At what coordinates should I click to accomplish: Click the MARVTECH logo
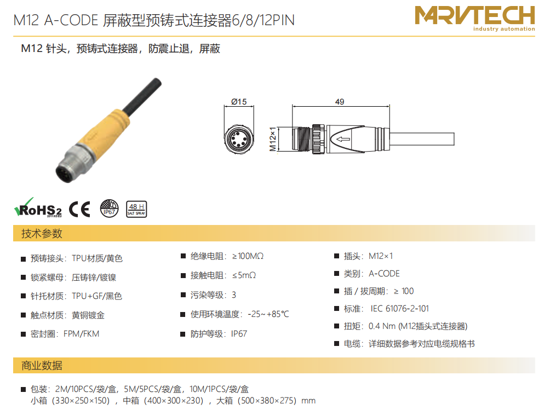point(474,18)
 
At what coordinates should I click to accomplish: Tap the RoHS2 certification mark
point(38,208)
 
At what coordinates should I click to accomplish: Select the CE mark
point(79,209)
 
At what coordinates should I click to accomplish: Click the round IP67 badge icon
point(110,208)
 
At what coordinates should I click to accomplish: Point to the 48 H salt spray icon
point(136,209)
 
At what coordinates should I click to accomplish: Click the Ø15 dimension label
point(239,102)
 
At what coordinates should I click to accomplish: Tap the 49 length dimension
point(340,102)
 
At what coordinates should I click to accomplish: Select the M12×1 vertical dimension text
point(273,139)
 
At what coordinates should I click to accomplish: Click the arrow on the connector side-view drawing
point(343,139)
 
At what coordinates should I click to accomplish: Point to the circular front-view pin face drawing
point(239,139)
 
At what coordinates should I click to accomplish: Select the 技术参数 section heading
point(42,233)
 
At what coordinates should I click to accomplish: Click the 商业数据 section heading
point(42,366)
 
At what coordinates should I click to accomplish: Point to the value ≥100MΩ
point(248,256)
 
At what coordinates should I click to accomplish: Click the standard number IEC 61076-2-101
point(399,309)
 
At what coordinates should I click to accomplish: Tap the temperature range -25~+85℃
point(268,314)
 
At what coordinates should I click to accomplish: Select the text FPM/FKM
point(82,334)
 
